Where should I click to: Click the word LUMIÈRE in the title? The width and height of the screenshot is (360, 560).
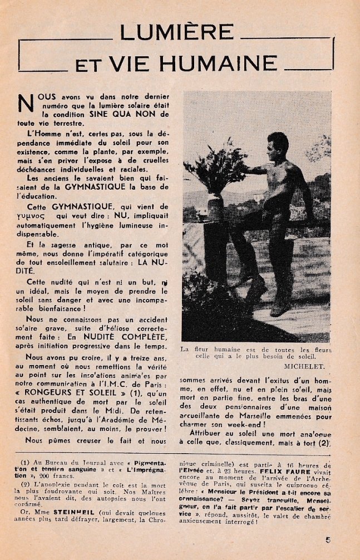(x=177, y=33)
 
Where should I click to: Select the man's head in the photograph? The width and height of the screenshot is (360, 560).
(x=278, y=144)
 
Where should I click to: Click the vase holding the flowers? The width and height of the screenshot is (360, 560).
(x=215, y=208)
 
